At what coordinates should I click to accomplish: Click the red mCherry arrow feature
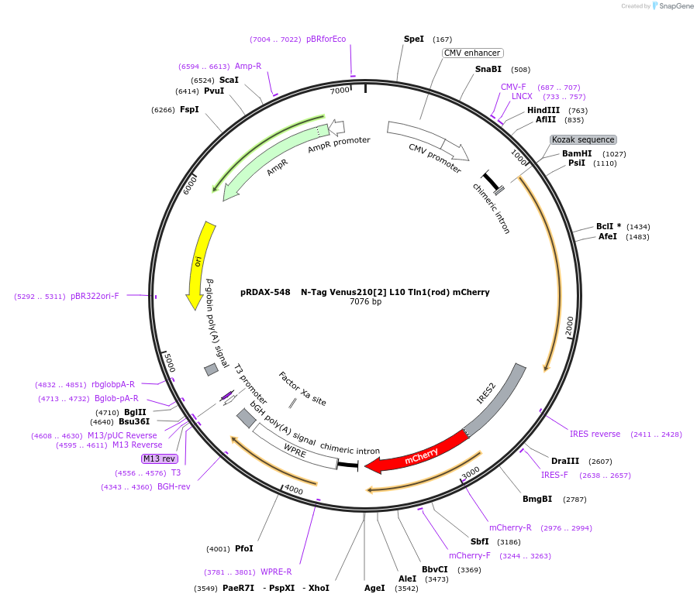coord(419,455)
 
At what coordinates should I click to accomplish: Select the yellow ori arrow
coord(199,263)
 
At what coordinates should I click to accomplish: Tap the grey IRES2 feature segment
coord(496,400)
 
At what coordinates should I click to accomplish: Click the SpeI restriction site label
coord(414,39)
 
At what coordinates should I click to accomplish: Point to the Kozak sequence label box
coord(583,139)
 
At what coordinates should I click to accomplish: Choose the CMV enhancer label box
coord(472,53)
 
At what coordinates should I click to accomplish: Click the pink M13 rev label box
coord(159,458)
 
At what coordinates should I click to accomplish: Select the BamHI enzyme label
coord(577,153)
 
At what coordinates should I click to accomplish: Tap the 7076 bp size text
coord(365,302)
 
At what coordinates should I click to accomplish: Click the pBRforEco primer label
coord(326,39)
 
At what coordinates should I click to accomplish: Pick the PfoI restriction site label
coord(243,548)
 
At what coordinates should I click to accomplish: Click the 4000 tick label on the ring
coord(293,489)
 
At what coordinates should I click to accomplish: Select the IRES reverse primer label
coord(595,434)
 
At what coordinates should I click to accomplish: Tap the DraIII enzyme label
coord(564,461)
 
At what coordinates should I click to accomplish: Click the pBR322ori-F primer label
coord(95,296)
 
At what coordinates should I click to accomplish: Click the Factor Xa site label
coord(302,388)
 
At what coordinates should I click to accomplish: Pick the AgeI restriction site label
coord(374,588)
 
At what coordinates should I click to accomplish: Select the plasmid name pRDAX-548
coord(265,292)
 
